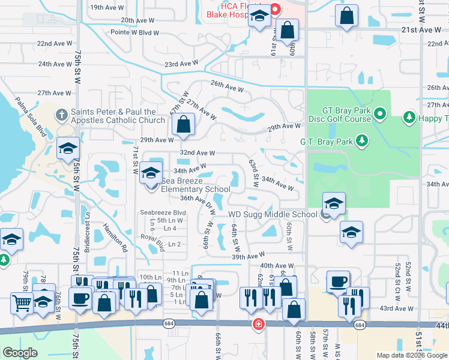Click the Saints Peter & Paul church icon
pyautogui.click(x=61, y=114)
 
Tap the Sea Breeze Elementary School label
pyautogui.click(x=187, y=185)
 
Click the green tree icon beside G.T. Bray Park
pyautogui.click(x=361, y=141)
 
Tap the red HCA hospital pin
pyautogui.click(x=276, y=9)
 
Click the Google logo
pyautogui.click(x=20, y=353)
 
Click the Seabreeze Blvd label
pyautogui.click(x=163, y=212)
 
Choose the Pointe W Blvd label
pyautogui.click(x=135, y=33)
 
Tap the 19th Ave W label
pyautogui.click(x=106, y=8)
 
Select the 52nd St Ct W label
pyautogui.click(x=397, y=274)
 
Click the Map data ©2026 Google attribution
pyautogui.click(x=412, y=355)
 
